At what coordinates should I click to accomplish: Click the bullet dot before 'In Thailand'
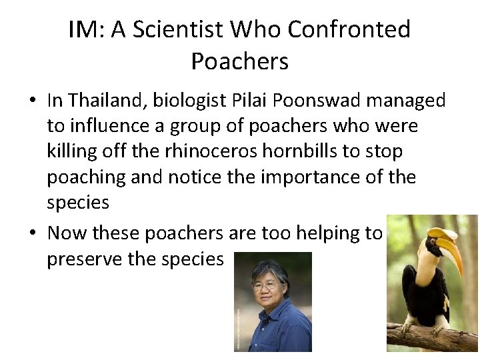pos(32,101)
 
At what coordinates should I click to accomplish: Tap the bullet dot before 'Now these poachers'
pos(32,233)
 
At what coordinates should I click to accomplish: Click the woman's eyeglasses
pos(265,285)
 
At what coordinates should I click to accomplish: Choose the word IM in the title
pos(83,29)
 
